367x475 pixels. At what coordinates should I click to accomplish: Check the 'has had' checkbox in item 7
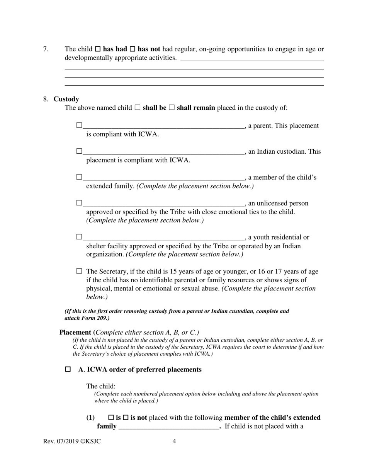(98, 49)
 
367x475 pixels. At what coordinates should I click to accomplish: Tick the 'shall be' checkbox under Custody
(138, 108)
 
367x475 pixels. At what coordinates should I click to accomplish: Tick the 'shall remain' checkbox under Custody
(172, 108)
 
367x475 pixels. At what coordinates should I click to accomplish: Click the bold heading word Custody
(66, 99)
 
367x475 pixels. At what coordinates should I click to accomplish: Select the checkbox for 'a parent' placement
(79, 125)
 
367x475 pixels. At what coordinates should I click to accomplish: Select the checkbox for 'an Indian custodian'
(79, 151)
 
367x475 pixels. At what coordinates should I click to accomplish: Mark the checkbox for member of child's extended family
(79, 177)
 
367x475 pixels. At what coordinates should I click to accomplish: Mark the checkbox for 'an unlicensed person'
(79, 203)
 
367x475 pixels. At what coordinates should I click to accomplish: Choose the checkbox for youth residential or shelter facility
(79, 237)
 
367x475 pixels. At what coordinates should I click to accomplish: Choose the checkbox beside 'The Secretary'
(79, 271)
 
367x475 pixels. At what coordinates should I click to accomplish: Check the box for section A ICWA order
(68, 370)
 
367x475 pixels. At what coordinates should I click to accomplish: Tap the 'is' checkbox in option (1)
(111, 418)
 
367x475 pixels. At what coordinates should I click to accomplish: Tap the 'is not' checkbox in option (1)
(125, 418)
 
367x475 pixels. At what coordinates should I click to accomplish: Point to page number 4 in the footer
(174, 441)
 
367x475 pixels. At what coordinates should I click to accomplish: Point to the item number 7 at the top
(46, 49)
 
